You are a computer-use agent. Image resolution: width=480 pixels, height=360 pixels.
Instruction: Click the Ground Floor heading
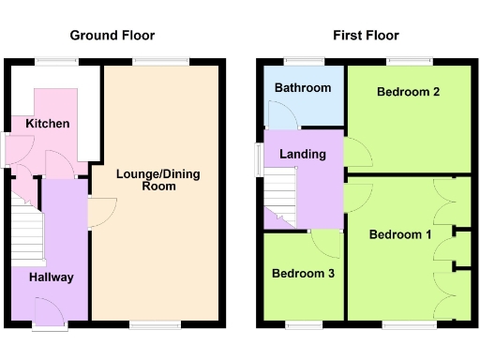pos(112,36)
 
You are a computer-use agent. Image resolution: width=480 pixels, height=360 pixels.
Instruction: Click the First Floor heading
pos(366,36)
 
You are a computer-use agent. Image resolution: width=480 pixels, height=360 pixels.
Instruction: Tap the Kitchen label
pos(47,124)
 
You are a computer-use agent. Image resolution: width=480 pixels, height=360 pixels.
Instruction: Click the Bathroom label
pos(302,88)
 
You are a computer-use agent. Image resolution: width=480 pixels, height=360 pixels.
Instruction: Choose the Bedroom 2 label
pos(409,92)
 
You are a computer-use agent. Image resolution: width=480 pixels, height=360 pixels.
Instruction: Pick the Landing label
pos(303,154)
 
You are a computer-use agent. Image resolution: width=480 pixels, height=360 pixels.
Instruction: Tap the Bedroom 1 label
pos(399,233)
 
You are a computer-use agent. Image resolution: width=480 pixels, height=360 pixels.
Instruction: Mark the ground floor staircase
pos(26,230)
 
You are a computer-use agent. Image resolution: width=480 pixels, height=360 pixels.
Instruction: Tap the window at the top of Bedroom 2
pos(411,63)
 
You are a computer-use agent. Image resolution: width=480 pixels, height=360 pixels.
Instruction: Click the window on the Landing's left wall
pos(260,158)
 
